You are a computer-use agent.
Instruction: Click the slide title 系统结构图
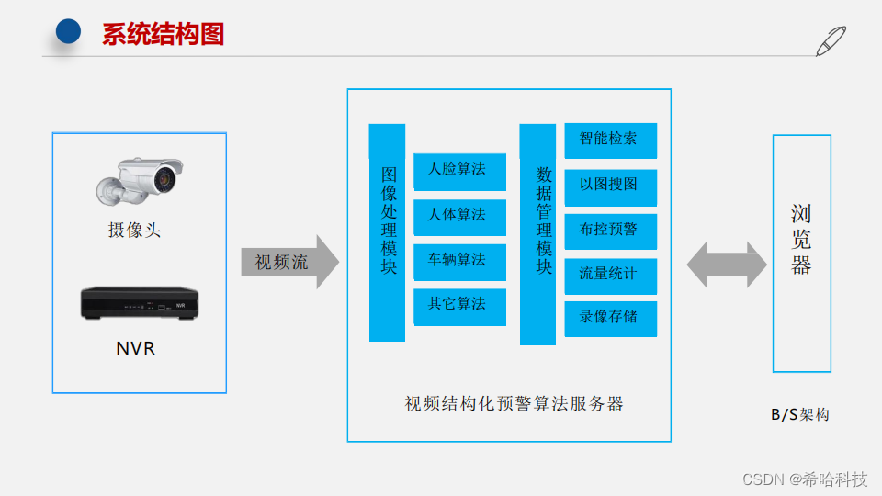tap(163, 35)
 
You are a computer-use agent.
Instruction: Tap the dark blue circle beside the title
tap(69, 32)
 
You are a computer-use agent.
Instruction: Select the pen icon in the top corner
tap(831, 42)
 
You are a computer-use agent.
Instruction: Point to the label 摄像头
tap(134, 230)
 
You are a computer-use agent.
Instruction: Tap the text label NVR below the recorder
tap(135, 348)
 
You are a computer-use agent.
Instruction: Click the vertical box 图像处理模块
tap(388, 233)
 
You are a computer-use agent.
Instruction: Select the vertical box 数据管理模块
tap(537, 234)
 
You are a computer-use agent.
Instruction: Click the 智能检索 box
tap(610, 141)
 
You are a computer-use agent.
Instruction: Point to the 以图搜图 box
tap(610, 186)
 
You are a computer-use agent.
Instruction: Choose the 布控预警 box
tap(610, 231)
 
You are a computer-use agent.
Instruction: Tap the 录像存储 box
tap(610, 318)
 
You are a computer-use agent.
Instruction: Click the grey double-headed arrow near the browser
tap(727, 265)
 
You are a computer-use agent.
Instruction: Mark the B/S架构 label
tap(799, 414)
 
